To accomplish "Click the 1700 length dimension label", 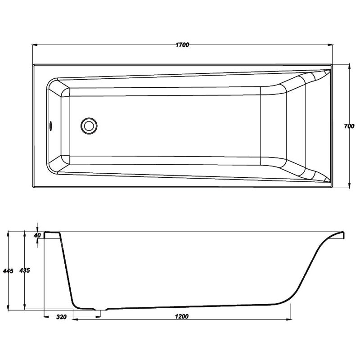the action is click(182, 45).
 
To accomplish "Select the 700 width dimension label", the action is click(349, 126).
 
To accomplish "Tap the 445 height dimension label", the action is click(8, 271).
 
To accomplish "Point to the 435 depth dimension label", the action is click(25, 270).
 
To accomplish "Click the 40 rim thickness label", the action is click(37, 235).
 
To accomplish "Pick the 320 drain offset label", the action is click(61, 317).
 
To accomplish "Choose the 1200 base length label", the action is click(182, 317).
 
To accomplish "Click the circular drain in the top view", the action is click(89, 126).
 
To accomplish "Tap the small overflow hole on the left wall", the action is click(51, 126).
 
